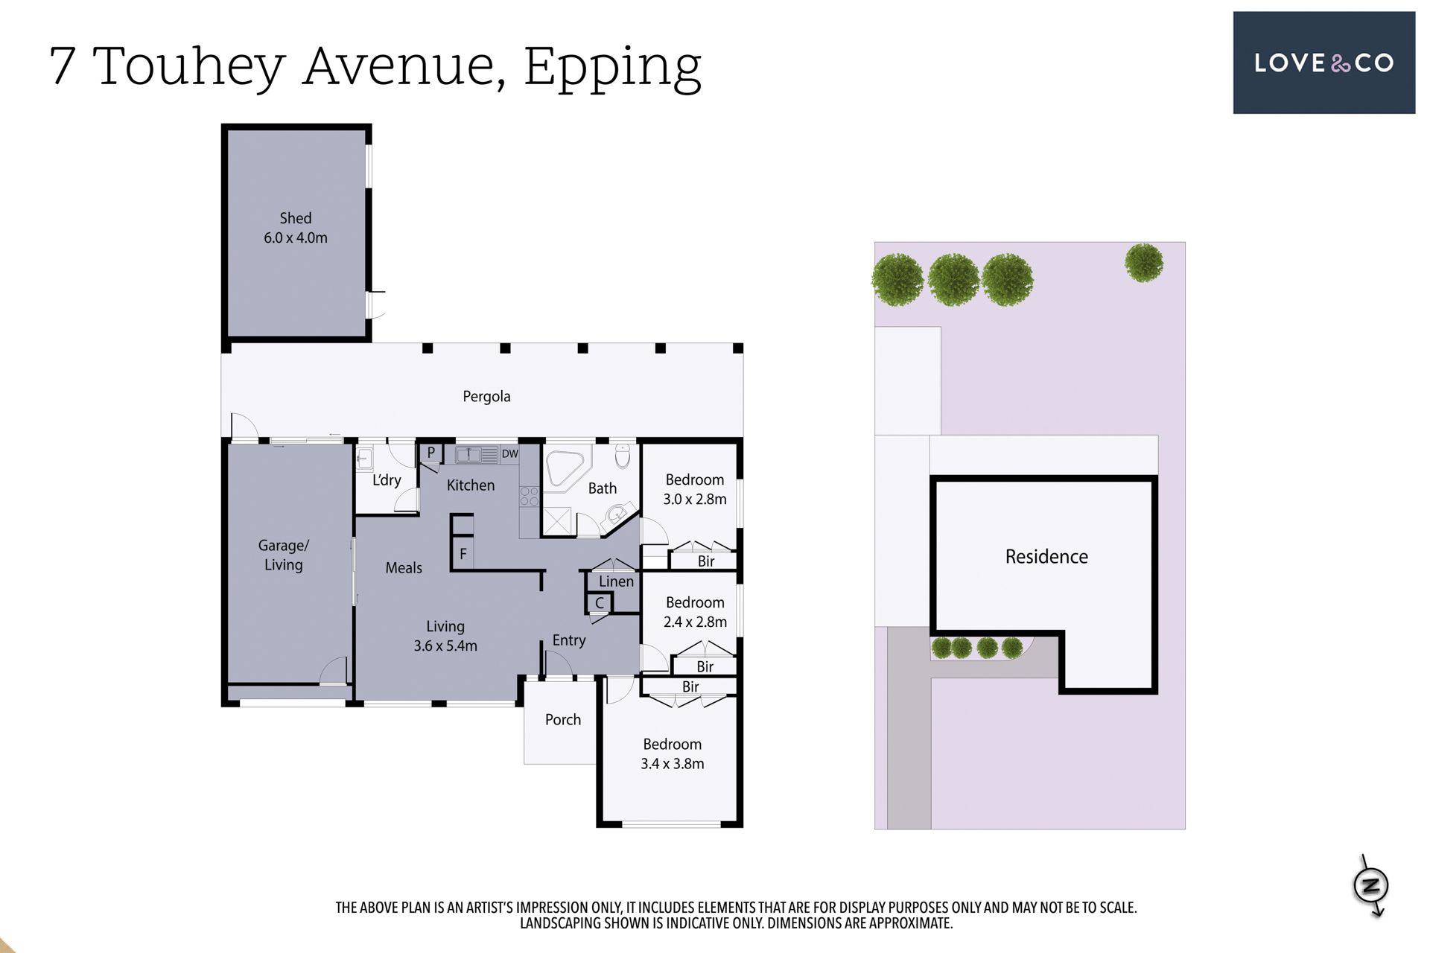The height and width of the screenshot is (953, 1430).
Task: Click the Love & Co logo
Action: (x=1323, y=63)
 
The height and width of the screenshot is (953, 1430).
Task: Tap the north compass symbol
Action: (x=1370, y=885)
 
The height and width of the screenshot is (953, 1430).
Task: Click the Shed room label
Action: (x=296, y=218)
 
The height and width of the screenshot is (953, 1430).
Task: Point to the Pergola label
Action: (x=486, y=397)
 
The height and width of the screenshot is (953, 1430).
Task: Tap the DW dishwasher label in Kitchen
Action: (x=510, y=453)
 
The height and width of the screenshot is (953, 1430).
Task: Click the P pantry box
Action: (x=430, y=453)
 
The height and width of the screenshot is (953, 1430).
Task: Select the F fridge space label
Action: (x=463, y=554)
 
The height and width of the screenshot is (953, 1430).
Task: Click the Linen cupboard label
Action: (x=617, y=581)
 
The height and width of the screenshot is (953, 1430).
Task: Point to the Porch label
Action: (x=563, y=720)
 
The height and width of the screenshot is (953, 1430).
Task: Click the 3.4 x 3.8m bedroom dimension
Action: (x=673, y=764)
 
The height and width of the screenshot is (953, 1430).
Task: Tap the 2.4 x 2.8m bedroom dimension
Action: (x=696, y=622)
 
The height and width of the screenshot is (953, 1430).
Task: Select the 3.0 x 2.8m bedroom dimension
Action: (x=695, y=500)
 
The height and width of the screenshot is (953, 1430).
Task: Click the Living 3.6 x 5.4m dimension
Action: (x=445, y=646)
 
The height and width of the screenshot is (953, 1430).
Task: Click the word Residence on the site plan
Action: (x=1046, y=557)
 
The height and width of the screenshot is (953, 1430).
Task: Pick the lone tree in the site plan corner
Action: (x=1144, y=263)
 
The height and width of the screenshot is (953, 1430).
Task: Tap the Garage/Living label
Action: (x=284, y=555)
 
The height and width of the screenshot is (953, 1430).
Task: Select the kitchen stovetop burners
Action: (x=530, y=497)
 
